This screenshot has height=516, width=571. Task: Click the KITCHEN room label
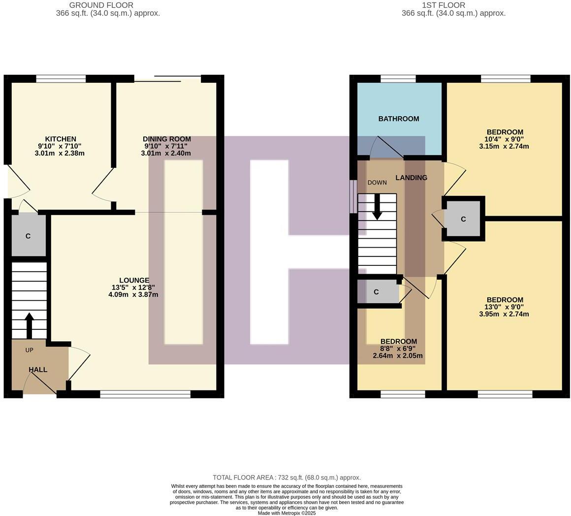[x=61, y=139]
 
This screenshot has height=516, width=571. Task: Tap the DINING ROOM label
[x=166, y=139]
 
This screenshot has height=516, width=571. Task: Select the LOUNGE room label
[x=134, y=281]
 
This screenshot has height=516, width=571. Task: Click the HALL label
[x=38, y=370]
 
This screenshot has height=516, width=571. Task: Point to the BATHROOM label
[x=399, y=119]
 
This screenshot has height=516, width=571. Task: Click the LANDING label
[x=412, y=178]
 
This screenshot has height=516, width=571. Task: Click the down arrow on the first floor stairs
[x=377, y=207]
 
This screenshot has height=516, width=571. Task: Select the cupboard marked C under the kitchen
[x=28, y=236]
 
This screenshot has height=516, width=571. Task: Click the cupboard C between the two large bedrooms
[x=463, y=219]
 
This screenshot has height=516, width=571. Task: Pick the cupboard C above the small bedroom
[x=377, y=292]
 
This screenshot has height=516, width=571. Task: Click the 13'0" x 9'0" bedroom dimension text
[x=504, y=307]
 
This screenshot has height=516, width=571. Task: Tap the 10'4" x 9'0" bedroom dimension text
[x=504, y=139]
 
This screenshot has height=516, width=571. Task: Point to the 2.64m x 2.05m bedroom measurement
[x=398, y=356]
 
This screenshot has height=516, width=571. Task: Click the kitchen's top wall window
[x=61, y=78]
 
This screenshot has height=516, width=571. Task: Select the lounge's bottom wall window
[x=145, y=394]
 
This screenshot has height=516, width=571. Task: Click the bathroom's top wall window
[x=398, y=78]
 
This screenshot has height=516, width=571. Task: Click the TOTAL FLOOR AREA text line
[x=286, y=478]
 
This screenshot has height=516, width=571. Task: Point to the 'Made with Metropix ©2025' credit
[x=287, y=513]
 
